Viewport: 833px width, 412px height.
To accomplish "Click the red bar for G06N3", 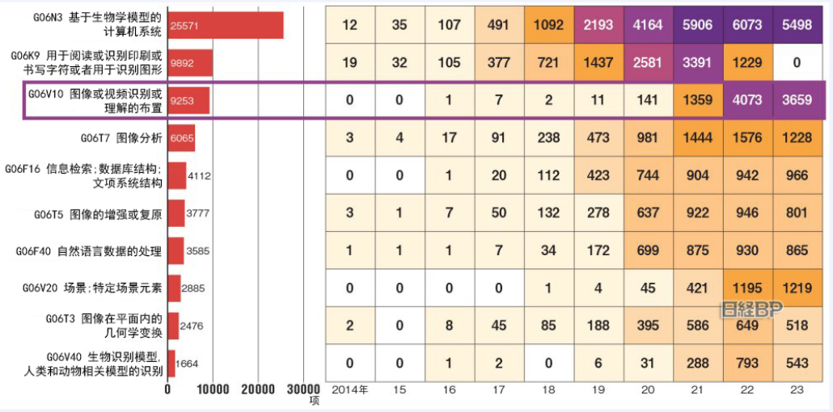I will pyautogui.click(x=225, y=25).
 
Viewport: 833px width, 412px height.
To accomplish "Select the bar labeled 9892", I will pyautogui.click(x=189, y=63).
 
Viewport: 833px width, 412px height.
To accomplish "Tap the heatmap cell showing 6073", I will pyautogui.click(x=747, y=25).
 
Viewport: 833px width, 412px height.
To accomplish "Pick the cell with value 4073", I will pyautogui.click(x=747, y=100).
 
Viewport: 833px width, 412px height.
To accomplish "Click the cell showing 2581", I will pyautogui.click(x=648, y=63).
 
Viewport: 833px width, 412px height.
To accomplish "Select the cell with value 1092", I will pyautogui.click(x=548, y=25).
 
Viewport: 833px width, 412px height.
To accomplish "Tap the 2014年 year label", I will pyautogui.click(x=349, y=389).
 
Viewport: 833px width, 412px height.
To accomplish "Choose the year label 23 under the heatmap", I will pyautogui.click(x=797, y=389).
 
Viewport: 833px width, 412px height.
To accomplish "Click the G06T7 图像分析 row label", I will pyautogui.click(x=121, y=138).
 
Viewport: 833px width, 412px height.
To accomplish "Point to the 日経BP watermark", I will pyautogui.click(x=751, y=309).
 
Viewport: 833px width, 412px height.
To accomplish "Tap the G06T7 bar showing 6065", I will pyautogui.click(x=180, y=138).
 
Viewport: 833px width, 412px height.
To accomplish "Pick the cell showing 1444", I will pyautogui.click(x=697, y=138).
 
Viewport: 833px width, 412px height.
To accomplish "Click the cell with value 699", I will pyautogui.click(x=648, y=251).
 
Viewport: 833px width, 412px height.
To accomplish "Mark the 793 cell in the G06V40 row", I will pyautogui.click(x=747, y=364).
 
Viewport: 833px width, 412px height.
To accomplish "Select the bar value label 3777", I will pyautogui.click(x=198, y=213).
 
